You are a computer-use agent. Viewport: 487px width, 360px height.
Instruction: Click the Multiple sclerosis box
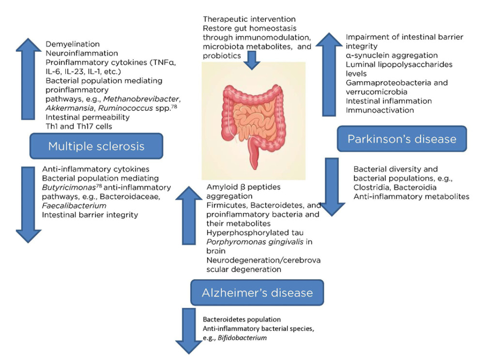(x=96, y=146)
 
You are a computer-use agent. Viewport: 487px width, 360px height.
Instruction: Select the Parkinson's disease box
(x=402, y=139)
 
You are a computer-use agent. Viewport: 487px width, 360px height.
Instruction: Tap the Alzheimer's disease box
(x=257, y=292)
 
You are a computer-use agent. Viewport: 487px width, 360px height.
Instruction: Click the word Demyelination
(x=73, y=45)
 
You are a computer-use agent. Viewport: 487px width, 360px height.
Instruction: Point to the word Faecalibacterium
(x=74, y=206)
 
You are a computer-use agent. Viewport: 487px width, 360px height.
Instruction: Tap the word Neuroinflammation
(x=81, y=53)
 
